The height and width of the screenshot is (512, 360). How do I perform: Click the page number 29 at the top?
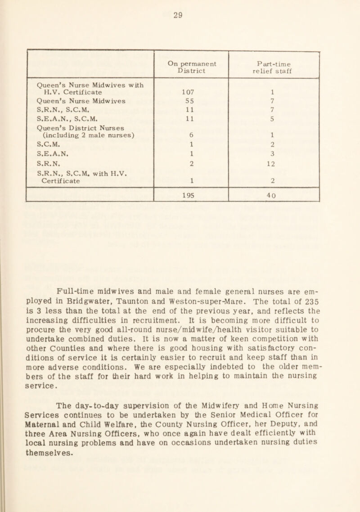pos(180,13)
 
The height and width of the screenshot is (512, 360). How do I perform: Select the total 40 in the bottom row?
pos(274,183)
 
